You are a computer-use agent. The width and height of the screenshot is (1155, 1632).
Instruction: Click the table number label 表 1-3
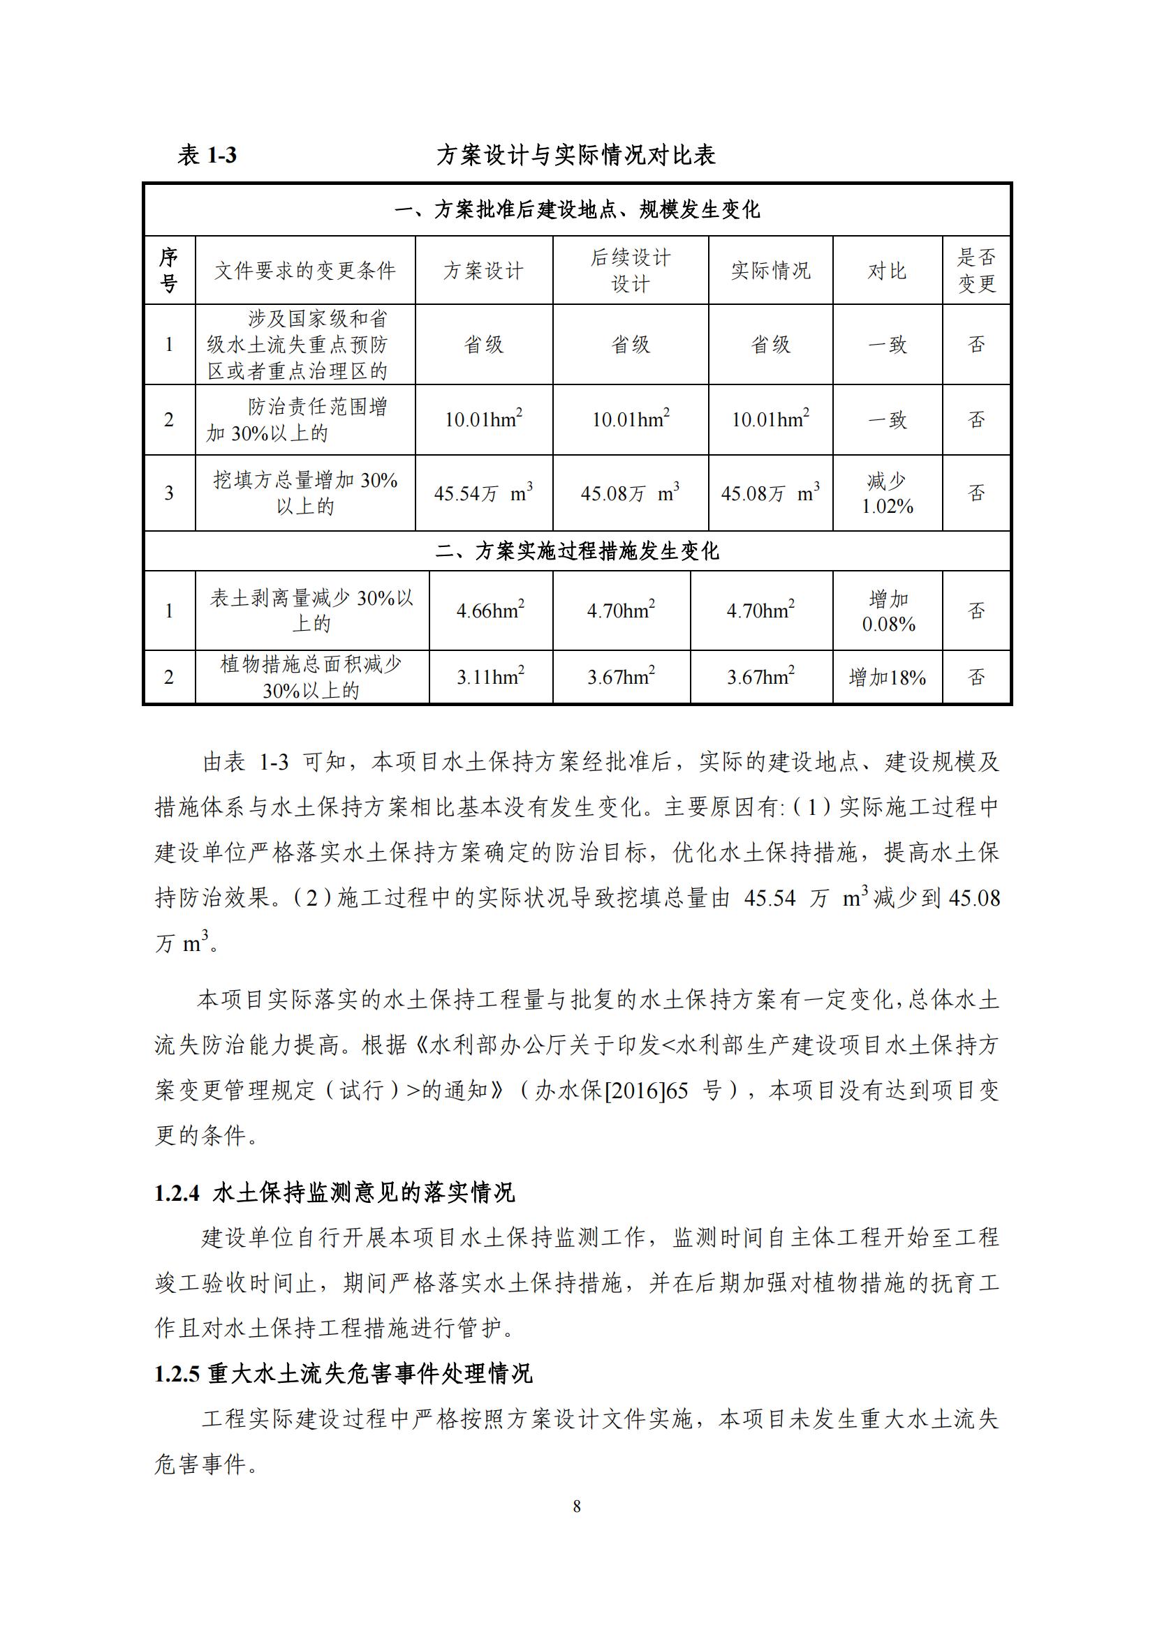207,155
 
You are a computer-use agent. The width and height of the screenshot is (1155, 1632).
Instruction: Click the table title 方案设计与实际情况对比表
575,155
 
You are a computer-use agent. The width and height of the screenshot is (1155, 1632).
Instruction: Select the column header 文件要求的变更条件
305,271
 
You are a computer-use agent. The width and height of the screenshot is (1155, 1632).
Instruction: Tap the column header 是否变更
976,271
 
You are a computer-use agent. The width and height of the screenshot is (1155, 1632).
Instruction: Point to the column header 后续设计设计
630,271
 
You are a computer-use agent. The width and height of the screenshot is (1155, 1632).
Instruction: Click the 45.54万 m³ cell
484,493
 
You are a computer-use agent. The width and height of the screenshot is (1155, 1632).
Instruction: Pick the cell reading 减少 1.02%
887,493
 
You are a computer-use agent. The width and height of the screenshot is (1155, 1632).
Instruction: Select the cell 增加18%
887,677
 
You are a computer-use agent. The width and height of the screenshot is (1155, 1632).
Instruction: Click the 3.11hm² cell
491,677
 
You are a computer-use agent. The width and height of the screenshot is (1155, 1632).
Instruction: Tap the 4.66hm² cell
491,611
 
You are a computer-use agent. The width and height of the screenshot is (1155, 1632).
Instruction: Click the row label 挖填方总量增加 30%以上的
305,493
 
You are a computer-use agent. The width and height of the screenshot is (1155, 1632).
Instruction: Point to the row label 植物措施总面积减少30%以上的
311,677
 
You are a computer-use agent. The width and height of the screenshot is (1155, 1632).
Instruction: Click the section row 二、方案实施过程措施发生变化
577,551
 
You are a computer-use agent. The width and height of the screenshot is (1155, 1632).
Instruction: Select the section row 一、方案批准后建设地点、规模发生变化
577,210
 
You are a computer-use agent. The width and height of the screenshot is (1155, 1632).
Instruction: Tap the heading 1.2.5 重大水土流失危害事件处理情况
344,1374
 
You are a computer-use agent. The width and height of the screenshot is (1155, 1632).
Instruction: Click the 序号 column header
168,271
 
